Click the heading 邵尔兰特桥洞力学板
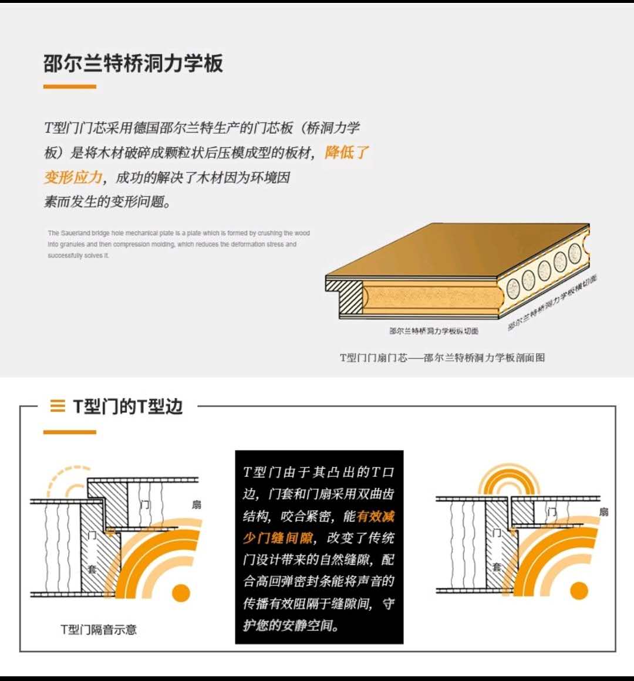coord(133,63)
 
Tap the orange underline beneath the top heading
coord(69,87)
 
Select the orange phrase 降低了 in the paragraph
coord(346,153)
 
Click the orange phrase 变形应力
coord(73,177)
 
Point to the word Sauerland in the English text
coord(75,233)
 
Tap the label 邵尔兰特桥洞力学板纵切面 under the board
coord(433,331)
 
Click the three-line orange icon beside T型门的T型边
coord(58,406)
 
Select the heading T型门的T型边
coord(127,406)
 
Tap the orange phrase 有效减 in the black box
coord(376,516)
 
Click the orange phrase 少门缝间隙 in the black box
coord(278,538)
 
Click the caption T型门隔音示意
coord(98,629)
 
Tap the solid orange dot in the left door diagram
coord(181,592)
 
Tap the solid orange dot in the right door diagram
coord(579,590)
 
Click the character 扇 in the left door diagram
coord(197,504)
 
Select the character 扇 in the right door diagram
coord(603,512)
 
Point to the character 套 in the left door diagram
coord(92,569)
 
